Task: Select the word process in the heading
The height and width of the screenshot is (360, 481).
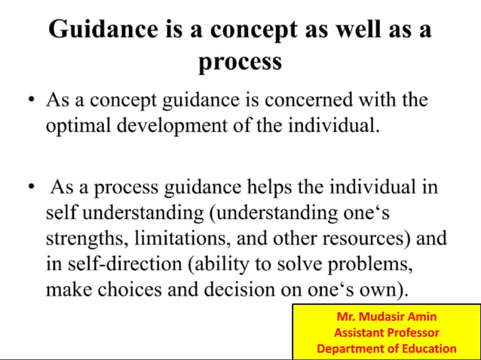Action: tap(240, 61)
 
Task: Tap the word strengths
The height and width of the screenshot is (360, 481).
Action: tap(82, 238)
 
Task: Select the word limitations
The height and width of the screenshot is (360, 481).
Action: tap(176, 238)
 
